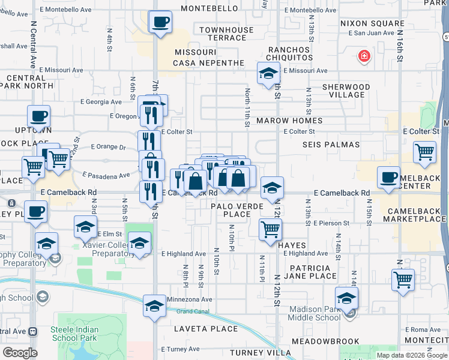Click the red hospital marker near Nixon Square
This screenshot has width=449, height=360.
(x=363, y=58)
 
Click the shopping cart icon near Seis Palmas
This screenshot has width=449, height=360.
(x=425, y=153)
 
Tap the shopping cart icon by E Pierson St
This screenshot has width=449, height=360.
(x=271, y=230)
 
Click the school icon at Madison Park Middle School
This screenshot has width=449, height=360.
(x=346, y=298)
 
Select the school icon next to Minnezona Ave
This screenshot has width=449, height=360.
(x=154, y=306)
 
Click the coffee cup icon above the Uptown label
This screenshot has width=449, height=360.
(x=38, y=116)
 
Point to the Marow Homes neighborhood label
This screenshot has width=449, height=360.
(x=289, y=121)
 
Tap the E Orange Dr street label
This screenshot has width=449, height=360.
(x=108, y=146)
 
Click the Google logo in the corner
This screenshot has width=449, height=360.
(x=20, y=352)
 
